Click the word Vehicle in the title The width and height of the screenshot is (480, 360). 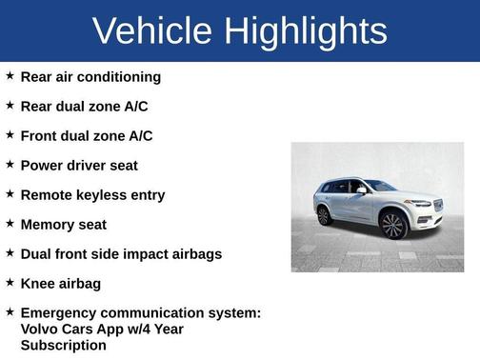tap(152, 30)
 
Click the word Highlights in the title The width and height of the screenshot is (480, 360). tap(306, 30)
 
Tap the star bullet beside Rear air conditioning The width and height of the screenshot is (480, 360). tap(10, 76)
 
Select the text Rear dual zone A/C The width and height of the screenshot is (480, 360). tap(84, 106)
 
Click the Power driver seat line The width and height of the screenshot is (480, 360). tap(79, 165)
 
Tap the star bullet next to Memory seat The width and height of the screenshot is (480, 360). tap(10, 224)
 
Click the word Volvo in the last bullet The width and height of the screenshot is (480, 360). tap(41, 329)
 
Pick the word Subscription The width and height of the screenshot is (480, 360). tap(63, 345)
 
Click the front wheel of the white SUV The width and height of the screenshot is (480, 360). tap(392, 226)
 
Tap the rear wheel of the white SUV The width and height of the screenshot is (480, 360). tap(324, 216)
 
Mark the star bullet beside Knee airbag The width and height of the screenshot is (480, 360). tap(10, 283)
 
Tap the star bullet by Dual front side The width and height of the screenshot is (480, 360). tap(10, 253)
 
